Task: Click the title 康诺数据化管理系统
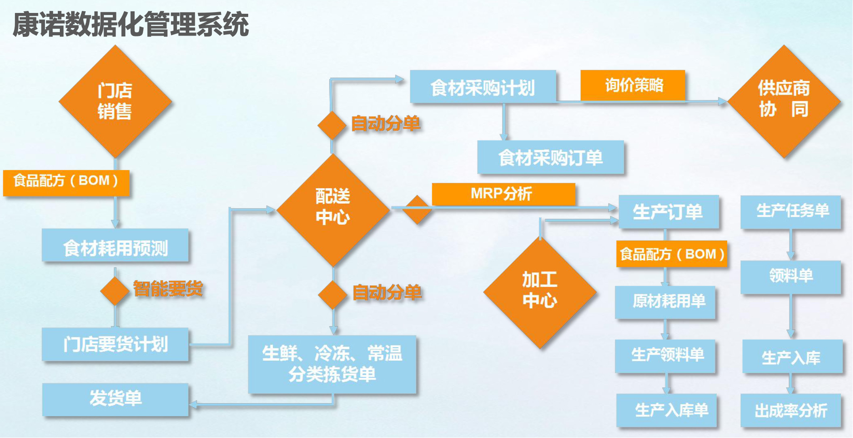[x=131, y=24]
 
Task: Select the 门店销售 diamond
[x=115, y=101]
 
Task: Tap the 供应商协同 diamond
[x=784, y=101]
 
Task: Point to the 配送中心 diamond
[x=333, y=210]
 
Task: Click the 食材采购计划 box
[x=483, y=87]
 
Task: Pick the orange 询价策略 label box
[x=633, y=85]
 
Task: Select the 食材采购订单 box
[x=551, y=157]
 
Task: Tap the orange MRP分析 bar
[x=503, y=194]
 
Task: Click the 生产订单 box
[x=669, y=211]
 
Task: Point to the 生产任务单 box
[x=791, y=212]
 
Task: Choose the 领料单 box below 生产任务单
[x=791, y=277]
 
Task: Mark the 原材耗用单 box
[x=665, y=302]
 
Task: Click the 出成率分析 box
[x=791, y=410]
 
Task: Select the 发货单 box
[x=115, y=400]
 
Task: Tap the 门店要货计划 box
[x=115, y=344]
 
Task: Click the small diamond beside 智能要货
[x=115, y=291]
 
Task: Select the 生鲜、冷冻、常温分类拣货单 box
[x=332, y=364]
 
